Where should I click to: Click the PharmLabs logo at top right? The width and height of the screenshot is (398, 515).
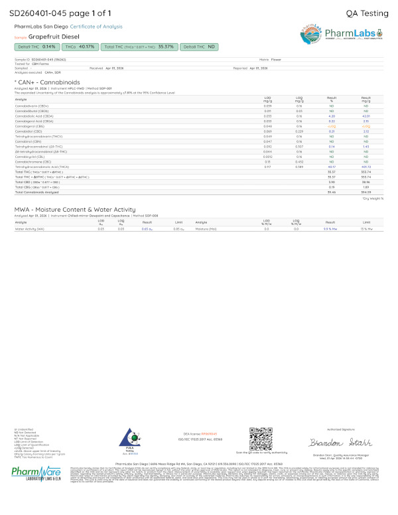341,35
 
